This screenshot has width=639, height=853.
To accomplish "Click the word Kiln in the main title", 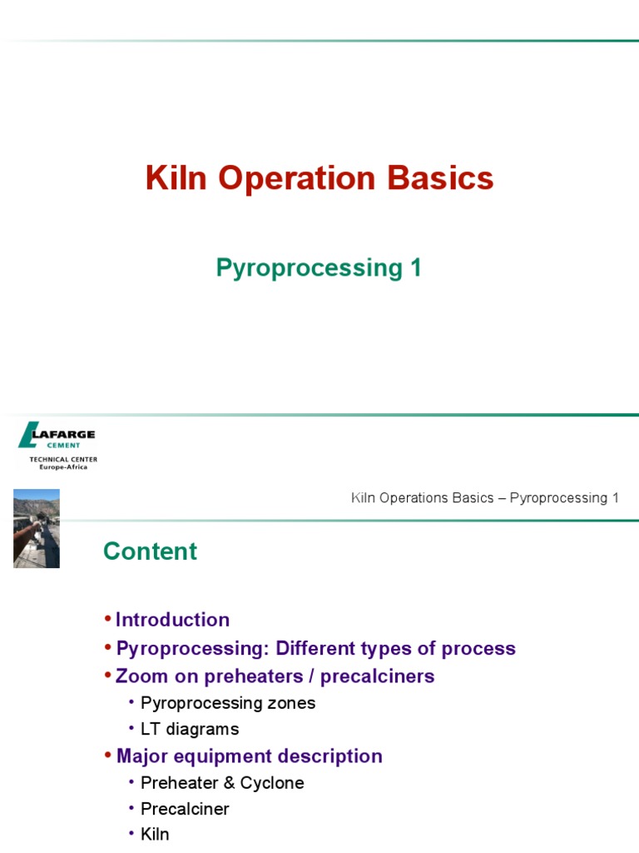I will coord(169,179).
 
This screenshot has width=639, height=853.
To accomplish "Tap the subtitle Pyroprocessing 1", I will coord(319,268).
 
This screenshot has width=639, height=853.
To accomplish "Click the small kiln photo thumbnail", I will coord(37,528).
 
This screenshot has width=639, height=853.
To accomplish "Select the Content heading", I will coord(150,551).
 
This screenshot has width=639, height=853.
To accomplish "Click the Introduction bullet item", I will coord(172,620).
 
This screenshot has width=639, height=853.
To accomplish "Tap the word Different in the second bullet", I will coord(316,648).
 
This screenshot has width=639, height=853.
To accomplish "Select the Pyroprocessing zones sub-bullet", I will coord(228,703).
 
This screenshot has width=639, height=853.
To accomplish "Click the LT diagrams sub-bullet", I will coord(190,729).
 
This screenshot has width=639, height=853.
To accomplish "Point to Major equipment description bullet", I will coord(249,756).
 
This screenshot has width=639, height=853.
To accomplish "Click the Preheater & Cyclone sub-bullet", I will coord(222,783).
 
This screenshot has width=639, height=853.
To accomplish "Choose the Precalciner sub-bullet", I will coord(185,809).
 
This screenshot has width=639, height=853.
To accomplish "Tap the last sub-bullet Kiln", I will coord(155,834).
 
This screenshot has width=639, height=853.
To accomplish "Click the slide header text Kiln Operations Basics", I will coord(424,498).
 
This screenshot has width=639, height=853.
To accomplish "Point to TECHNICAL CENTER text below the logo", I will coord(63,459).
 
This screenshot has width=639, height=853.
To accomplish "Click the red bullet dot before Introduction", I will coord(107,620).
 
